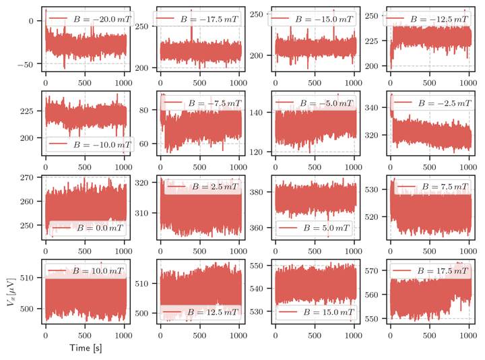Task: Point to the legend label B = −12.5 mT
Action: pyautogui.click(x=441, y=19)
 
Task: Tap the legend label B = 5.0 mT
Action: pyautogui.click(x=326, y=229)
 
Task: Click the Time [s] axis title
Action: pyautogui.click(x=86, y=348)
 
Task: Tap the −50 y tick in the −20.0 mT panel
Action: pyautogui.click(x=28, y=64)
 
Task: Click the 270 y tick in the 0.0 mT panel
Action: pyautogui.click(x=28, y=178)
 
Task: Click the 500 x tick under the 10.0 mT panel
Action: pyautogui.click(x=86, y=335)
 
